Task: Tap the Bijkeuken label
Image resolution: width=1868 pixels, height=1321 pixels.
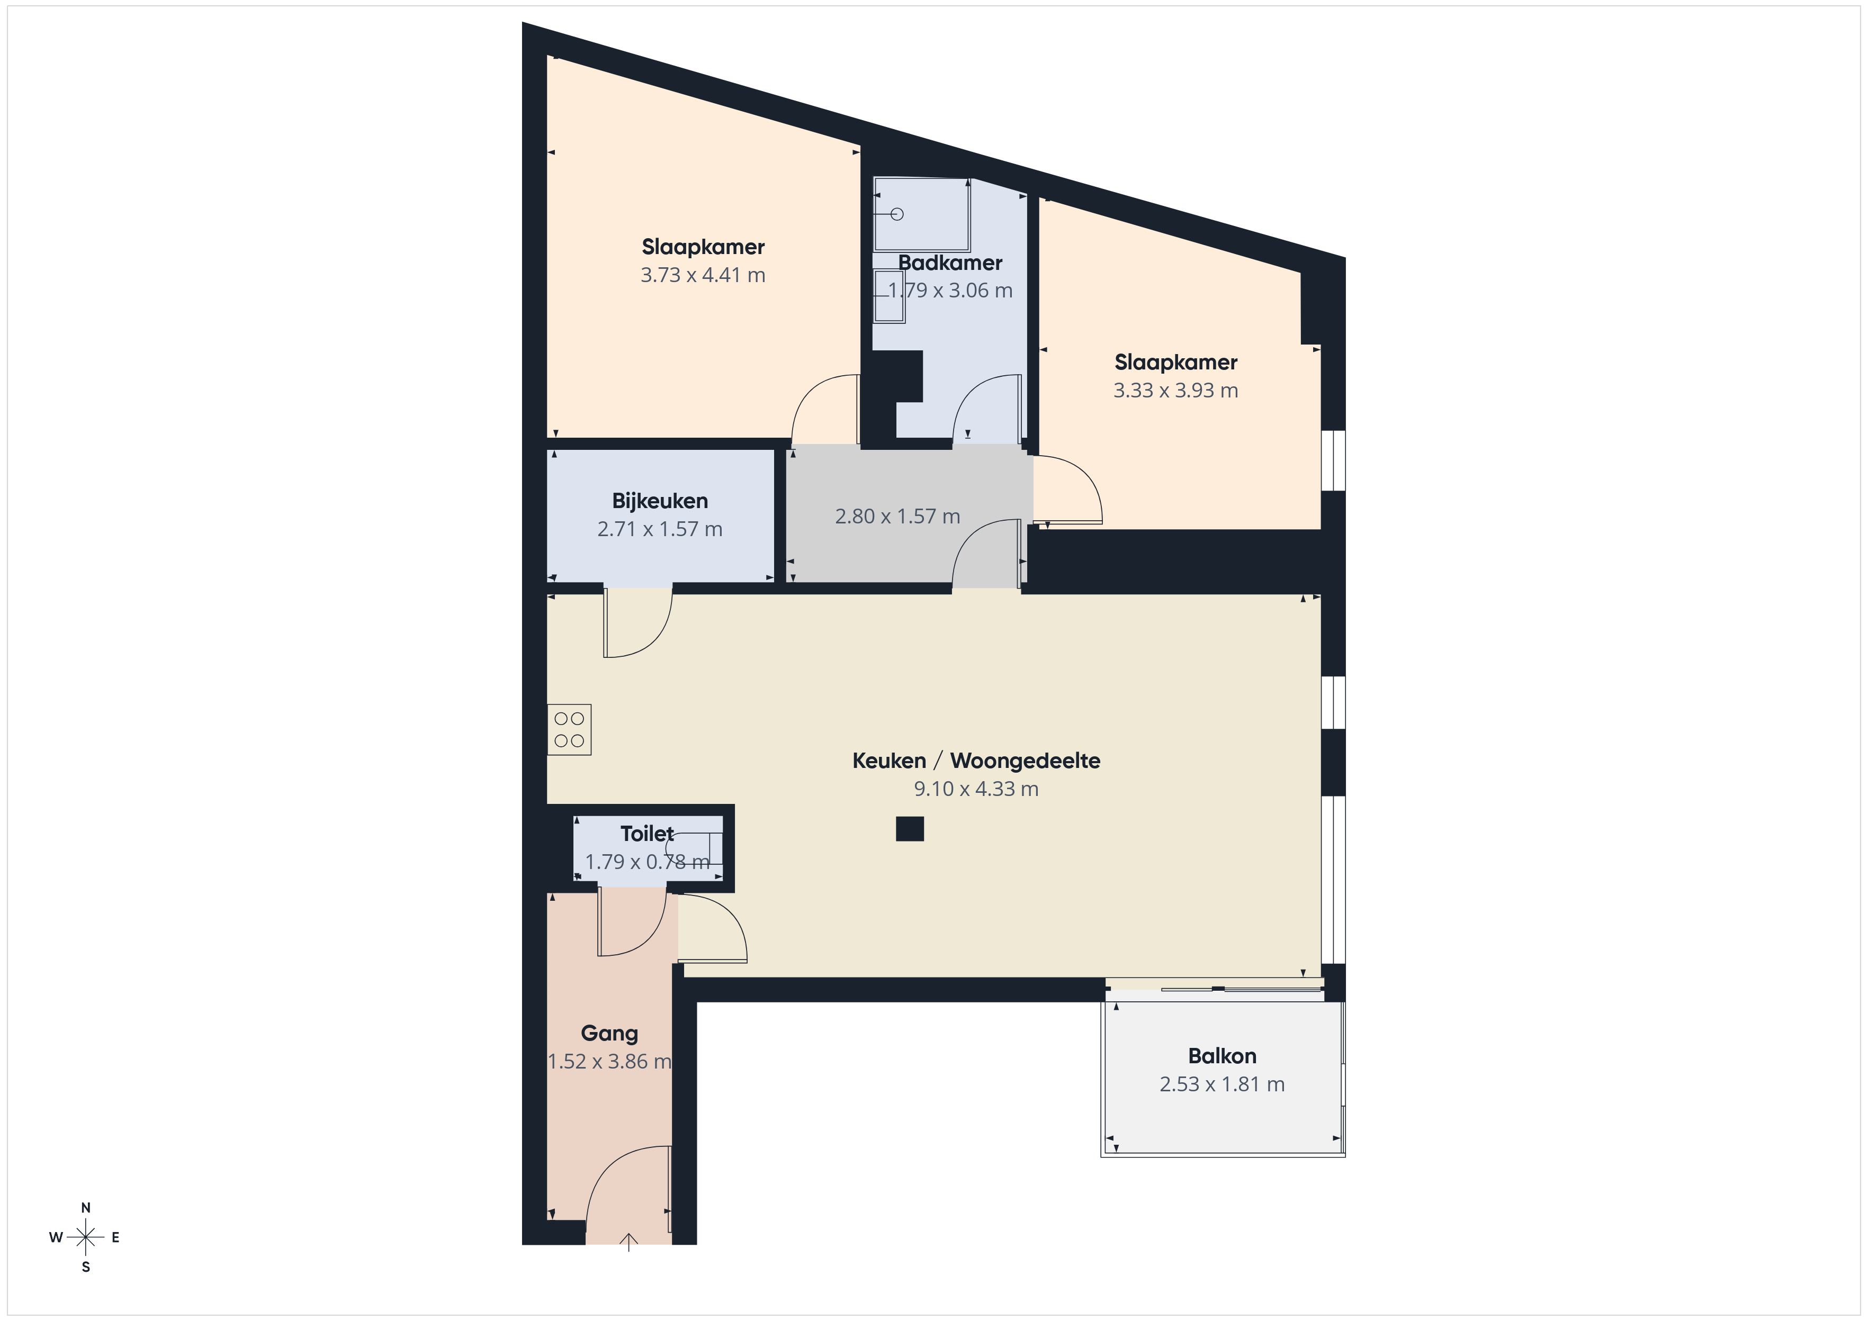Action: pos(660,501)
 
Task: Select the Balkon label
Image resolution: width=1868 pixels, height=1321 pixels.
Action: pos(1222,1056)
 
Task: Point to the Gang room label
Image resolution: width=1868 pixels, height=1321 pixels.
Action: pos(609,1034)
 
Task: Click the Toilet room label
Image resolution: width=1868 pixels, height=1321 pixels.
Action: pos(647,834)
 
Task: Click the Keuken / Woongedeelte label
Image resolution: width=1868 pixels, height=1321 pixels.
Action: pos(976,761)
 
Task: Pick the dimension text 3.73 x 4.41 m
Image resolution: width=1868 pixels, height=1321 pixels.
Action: pos(703,275)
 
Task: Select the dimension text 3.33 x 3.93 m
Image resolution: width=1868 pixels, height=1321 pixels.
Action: pos(1175,391)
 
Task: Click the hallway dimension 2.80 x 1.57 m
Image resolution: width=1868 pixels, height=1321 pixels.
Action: pos(897,517)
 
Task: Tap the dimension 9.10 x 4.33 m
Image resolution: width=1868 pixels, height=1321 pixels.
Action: pos(976,789)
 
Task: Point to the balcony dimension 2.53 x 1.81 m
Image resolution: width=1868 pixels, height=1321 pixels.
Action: pos(1222,1084)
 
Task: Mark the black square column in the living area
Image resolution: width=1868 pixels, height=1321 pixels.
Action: pos(910,829)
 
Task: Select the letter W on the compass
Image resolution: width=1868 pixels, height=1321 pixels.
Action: pos(55,1237)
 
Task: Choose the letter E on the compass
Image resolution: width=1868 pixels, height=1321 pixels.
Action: pos(115,1237)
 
